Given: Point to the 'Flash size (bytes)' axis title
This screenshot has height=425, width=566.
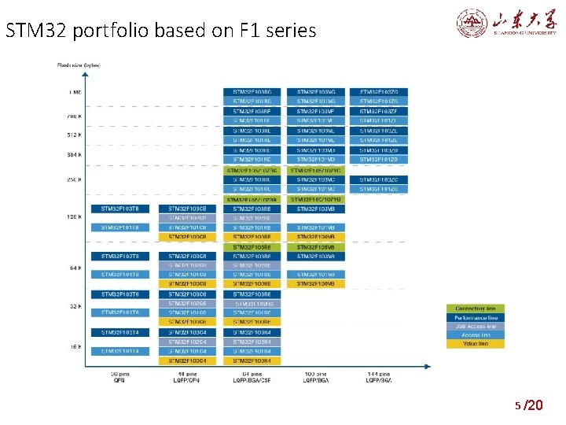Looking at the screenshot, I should pyautogui.click(x=78, y=65).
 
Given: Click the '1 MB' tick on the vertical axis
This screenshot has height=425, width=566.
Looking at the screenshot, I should pyautogui.click(x=75, y=92).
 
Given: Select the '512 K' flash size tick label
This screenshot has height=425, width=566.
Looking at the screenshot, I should pyautogui.click(x=74, y=135).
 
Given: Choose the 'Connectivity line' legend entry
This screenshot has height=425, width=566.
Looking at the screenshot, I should pyautogui.click(x=476, y=309).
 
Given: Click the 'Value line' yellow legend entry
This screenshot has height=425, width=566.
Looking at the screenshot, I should pyautogui.click(x=476, y=343).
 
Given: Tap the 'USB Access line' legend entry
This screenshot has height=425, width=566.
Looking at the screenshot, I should pyautogui.click(x=476, y=326).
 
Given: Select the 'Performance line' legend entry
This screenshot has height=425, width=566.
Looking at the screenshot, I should pyautogui.click(x=476, y=317).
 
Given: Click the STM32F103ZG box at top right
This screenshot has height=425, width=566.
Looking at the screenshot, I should pyautogui.click(x=379, y=92).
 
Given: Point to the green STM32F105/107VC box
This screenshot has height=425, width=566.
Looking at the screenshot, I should pyautogui.click(x=316, y=170).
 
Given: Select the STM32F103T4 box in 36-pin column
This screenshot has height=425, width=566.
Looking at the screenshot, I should pyautogui.click(x=119, y=332).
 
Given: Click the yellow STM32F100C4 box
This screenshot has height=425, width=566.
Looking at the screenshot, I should pyautogui.click(x=187, y=360).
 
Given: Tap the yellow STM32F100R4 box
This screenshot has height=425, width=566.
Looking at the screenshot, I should pyautogui.click(x=252, y=360).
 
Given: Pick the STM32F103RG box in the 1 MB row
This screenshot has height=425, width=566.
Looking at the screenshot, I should pyautogui.click(x=252, y=92).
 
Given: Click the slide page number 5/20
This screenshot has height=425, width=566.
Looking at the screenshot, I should pyautogui.click(x=528, y=405).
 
